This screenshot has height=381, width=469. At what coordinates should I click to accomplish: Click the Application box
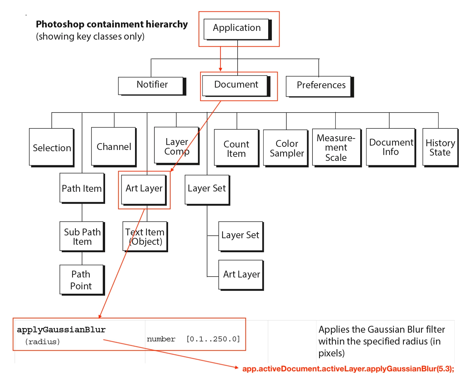pyautogui.click(x=237, y=29)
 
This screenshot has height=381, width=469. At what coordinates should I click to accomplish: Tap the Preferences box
pyautogui.click(x=319, y=86)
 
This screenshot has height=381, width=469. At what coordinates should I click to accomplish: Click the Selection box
pyautogui.click(x=52, y=147)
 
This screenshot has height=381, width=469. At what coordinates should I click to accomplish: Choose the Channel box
pyautogui.click(x=114, y=146)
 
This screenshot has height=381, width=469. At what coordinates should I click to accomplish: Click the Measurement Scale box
pyautogui.click(x=336, y=148)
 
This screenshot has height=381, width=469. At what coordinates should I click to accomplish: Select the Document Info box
pyautogui.click(x=390, y=147)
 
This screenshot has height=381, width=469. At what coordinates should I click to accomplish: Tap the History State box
pyautogui.click(x=440, y=147)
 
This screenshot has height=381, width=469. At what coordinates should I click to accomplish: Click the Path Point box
pyautogui.click(x=81, y=279)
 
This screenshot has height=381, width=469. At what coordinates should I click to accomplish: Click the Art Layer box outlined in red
pyautogui.click(x=144, y=189)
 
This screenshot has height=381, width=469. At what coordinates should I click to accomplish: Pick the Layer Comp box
pyautogui.click(x=176, y=146)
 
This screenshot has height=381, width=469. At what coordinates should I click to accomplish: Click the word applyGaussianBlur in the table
pyautogui.click(x=61, y=330)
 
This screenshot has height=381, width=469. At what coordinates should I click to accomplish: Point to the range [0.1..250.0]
pyautogui.click(x=213, y=339)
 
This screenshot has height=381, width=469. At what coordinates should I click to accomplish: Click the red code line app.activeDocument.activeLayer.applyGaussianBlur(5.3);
pyautogui.click(x=348, y=369)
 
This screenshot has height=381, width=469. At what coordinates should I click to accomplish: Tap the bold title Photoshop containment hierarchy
pyautogui.click(x=112, y=24)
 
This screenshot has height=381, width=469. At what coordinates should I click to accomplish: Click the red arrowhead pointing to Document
pyautogui.click(x=220, y=69)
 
